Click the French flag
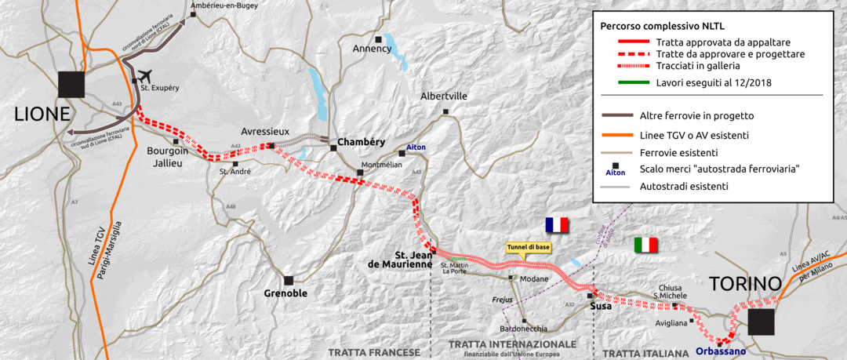pyautogui.click(x=556, y=225)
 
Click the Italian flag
pyautogui.click(x=645, y=245)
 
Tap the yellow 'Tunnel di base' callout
pyautogui.click(x=528, y=247)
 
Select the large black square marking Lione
pyautogui.click(x=71, y=85)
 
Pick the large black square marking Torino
pyautogui.click(x=760, y=322)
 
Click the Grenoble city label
pyautogui.click(x=285, y=294)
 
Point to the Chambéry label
pyautogui.click(x=361, y=142)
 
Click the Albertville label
pyautogui.click(x=444, y=96)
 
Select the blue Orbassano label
pyautogui.click(x=721, y=351)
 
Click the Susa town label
pyautogui.click(x=600, y=306)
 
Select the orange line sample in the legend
pyautogui.click(x=616, y=135)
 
